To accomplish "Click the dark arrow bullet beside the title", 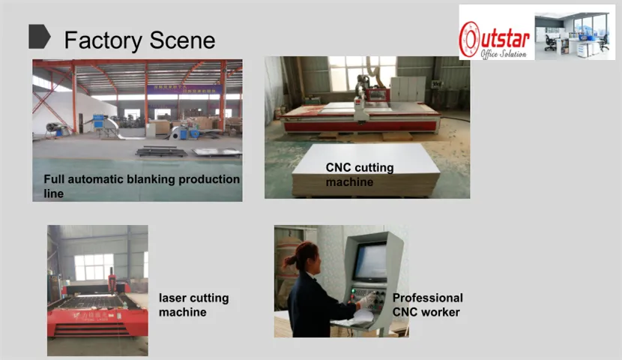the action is pos(39,37).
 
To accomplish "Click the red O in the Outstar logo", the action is pos(469,39).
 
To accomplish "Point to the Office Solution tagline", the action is pos(504,53).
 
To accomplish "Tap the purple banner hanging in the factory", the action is pos(184,89).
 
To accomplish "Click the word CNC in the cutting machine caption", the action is pos(339,167).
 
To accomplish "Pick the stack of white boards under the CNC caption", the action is pos(366,171).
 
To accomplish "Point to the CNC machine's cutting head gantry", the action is pos(362,97).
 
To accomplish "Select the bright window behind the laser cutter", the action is pos(94,267).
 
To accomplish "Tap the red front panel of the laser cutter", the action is pos(97,322).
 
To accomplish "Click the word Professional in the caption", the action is pos(428,298).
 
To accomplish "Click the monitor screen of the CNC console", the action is pos(370,262).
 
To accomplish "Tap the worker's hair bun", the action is pos(289,261).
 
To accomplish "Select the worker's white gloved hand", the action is pos(367,300).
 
